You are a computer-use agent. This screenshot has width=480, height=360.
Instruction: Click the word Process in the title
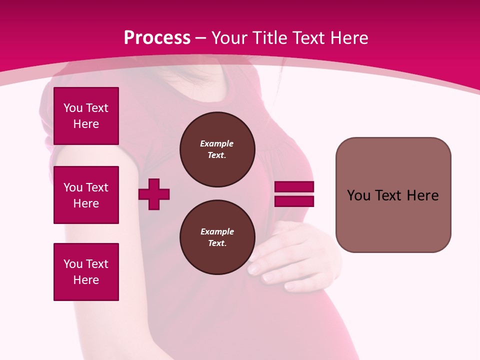[x=157, y=38]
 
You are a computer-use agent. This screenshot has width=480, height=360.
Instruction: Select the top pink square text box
[x=86, y=116]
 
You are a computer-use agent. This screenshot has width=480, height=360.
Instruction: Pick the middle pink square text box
[x=86, y=195]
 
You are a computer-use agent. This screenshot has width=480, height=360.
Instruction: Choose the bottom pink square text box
[x=86, y=272]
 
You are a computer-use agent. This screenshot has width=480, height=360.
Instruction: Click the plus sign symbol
[x=154, y=194]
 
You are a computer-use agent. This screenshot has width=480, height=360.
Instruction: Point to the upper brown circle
[x=217, y=149]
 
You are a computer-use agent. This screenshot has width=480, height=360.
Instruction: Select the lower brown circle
[x=217, y=237]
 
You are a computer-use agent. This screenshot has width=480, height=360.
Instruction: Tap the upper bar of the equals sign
[x=294, y=187]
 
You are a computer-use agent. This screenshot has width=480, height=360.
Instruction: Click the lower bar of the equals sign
[x=294, y=201]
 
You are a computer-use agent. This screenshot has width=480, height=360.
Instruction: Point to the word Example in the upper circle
[x=217, y=144]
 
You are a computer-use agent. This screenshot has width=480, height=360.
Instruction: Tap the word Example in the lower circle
[x=217, y=232]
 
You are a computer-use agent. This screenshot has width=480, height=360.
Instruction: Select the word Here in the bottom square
[x=86, y=280]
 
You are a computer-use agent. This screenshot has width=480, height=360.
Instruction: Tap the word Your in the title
[x=229, y=38]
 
